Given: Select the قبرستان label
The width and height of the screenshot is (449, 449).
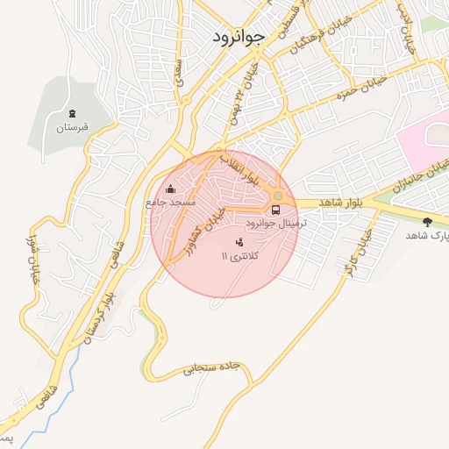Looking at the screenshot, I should [x=73, y=128].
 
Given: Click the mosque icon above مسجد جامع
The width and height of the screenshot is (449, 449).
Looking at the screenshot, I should [x=170, y=189].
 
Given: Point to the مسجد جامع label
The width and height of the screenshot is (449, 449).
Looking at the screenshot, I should [x=171, y=203].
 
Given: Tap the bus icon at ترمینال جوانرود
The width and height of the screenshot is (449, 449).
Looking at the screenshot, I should [x=276, y=210].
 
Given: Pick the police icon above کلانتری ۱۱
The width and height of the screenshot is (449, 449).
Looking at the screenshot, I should [x=240, y=241].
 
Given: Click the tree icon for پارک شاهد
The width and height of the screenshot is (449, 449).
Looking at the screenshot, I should [x=427, y=222].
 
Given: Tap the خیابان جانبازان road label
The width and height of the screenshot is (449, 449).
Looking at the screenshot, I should [x=404, y=181].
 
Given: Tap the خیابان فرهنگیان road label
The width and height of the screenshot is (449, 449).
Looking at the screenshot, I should [x=302, y=45].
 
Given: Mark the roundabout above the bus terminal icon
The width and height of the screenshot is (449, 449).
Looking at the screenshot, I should [x=277, y=196].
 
